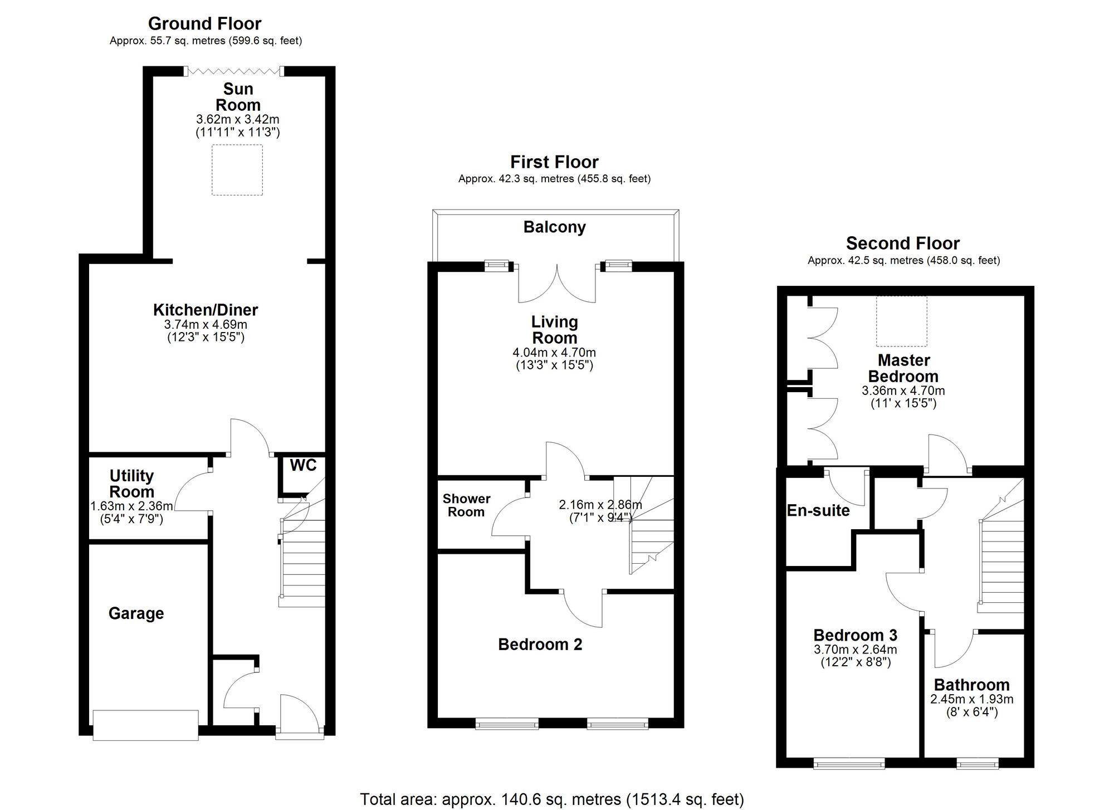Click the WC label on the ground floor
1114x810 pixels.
[303, 465]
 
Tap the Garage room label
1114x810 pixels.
[136, 614]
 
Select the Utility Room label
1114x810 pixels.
[131, 484]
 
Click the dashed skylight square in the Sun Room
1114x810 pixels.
[237, 170]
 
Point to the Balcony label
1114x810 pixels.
[555, 227]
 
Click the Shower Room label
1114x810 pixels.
[467, 505]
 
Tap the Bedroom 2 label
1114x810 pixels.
[540, 645]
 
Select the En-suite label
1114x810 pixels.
[818, 511]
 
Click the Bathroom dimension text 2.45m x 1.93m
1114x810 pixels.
[972, 699]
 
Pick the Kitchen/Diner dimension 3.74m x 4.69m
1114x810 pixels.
[206, 324]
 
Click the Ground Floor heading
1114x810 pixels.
[204, 23]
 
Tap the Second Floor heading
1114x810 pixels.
[903, 243]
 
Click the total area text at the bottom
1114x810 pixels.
[552, 799]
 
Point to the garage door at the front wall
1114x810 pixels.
[145, 725]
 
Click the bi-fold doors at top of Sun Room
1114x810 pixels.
[234, 71]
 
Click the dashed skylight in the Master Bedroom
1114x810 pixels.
[902, 321]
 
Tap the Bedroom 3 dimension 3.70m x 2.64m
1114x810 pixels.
[856, 650]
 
